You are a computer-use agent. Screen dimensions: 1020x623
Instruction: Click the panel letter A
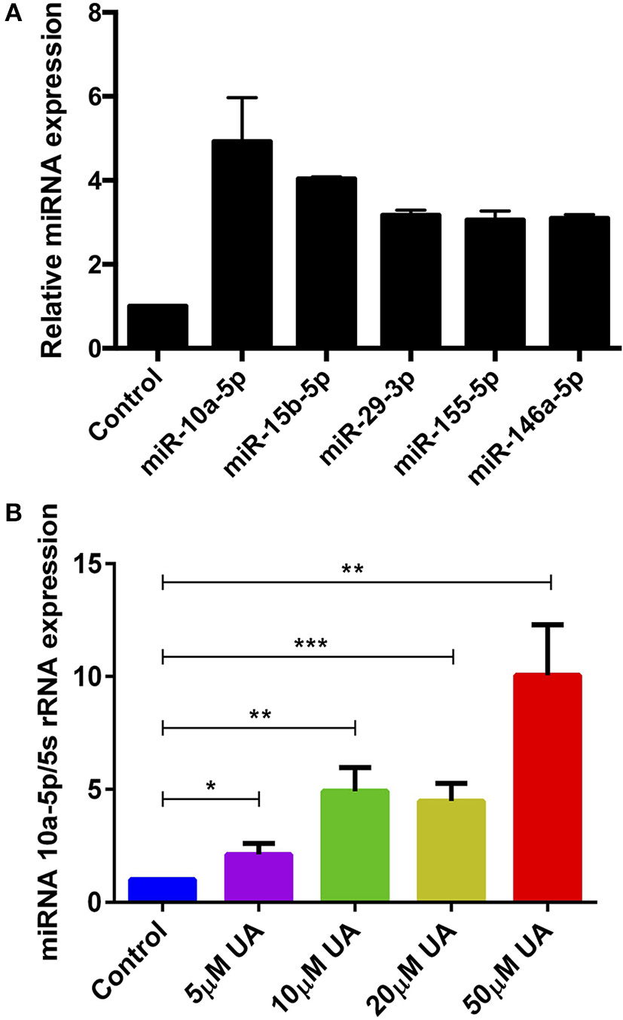(11, 14)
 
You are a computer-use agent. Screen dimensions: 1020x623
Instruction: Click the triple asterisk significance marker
(306, 643)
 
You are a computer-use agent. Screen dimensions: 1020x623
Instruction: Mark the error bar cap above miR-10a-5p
(242, 98)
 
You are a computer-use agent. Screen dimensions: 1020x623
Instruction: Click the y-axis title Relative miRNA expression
(50, 181)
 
